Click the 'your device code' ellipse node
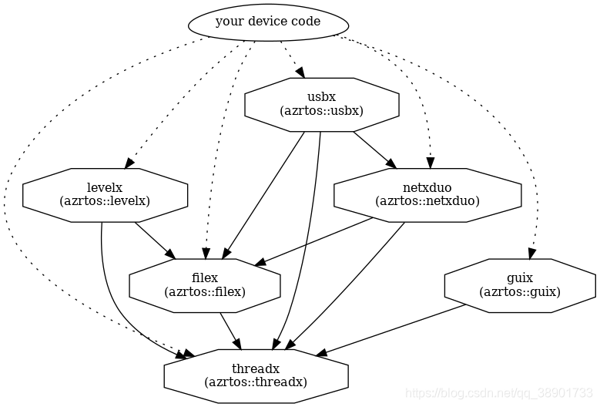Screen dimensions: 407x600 [267, 22]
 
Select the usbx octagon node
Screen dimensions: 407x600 [321, 103]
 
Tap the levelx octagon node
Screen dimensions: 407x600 [105, 194]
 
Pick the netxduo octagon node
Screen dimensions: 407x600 [427, 194]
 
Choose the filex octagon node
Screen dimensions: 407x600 [204, 284]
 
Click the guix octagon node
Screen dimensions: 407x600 [519, 284]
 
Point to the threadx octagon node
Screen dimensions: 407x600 [256, 375]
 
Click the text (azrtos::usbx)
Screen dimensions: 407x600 [321, 111]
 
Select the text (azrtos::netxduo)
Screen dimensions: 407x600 [427, 202]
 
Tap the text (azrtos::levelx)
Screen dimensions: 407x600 [105, 202]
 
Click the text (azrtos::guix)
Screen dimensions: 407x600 [519, 292]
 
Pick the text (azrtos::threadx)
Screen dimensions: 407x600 [256, 382]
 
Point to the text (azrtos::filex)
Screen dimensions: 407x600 [204, 292]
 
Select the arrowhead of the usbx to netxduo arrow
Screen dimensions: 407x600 [391, 163]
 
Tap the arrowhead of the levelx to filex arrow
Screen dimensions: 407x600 [170, 254]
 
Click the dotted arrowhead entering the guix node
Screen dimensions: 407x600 [531, 254]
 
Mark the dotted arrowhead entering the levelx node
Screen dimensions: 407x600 [130, 163]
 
